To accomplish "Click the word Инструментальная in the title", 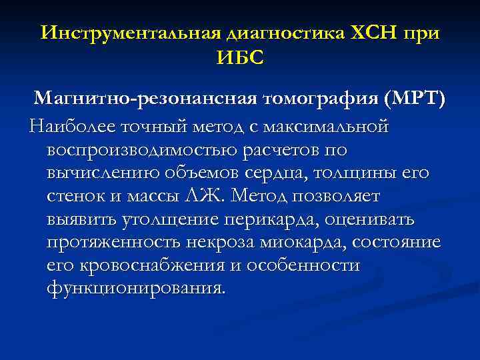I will pyautogui.click(x=131, y=33).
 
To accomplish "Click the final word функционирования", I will pyautogui.click(x=136, y=289).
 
